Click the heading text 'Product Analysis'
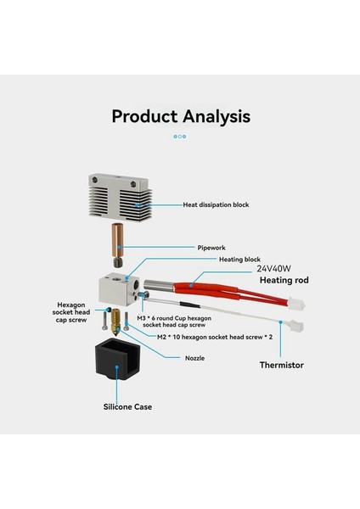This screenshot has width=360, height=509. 180,115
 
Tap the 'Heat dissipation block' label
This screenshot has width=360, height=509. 216,204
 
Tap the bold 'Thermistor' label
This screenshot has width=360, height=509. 282,366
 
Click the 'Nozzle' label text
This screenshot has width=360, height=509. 195,357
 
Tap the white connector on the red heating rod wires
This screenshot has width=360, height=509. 298,301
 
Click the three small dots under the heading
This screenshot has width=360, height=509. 180,136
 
